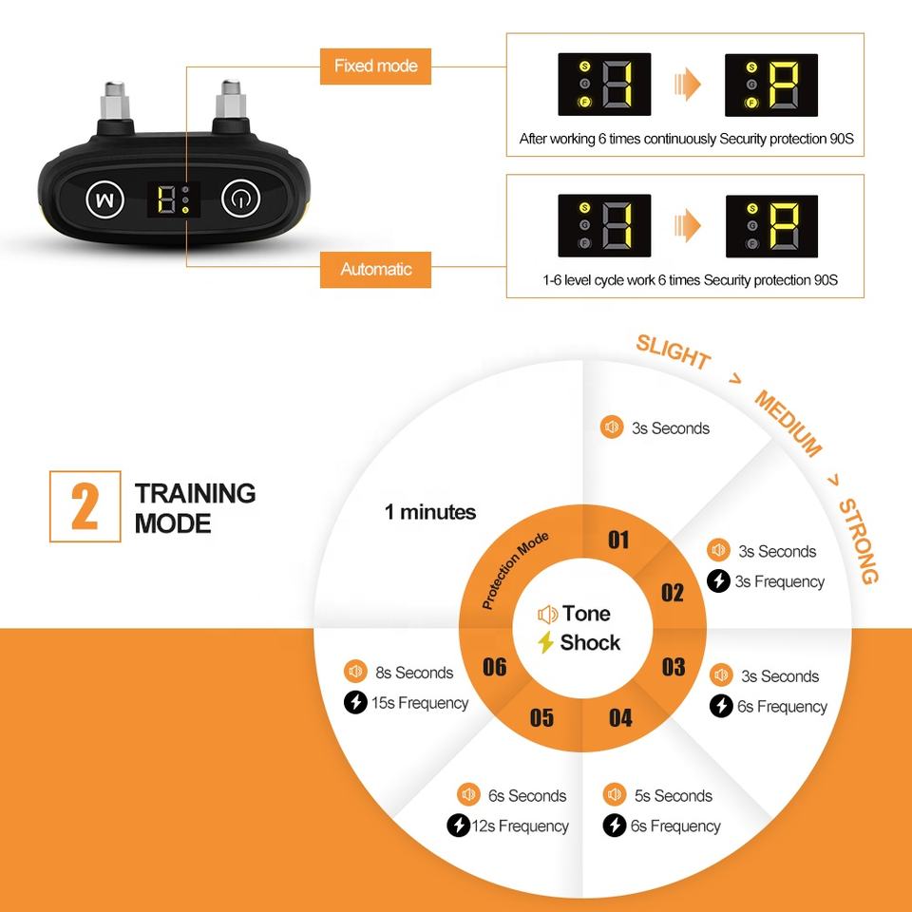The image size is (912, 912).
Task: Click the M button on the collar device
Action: point(105,199)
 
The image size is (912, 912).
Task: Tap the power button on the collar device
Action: point(240,199)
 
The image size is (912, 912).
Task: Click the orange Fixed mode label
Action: point(376,66)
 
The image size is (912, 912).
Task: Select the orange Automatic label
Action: point(376,270)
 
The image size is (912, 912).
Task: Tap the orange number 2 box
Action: point(85,506)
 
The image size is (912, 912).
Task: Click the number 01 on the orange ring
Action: point(618,541)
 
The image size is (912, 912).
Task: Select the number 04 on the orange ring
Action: point(620,717)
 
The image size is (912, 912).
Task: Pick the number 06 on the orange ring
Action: point(494,667)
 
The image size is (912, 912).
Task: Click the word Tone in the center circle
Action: point(586,614)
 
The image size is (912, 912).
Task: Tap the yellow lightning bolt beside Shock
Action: point(545,643)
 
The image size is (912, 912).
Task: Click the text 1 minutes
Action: point(430,513)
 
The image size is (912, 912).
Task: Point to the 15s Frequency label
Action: point(420,703)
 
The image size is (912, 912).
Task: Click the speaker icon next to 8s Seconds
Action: point(356,672)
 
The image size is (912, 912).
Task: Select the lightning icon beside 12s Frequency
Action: point(458,826)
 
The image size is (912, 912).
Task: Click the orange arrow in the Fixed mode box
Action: point(688,85)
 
